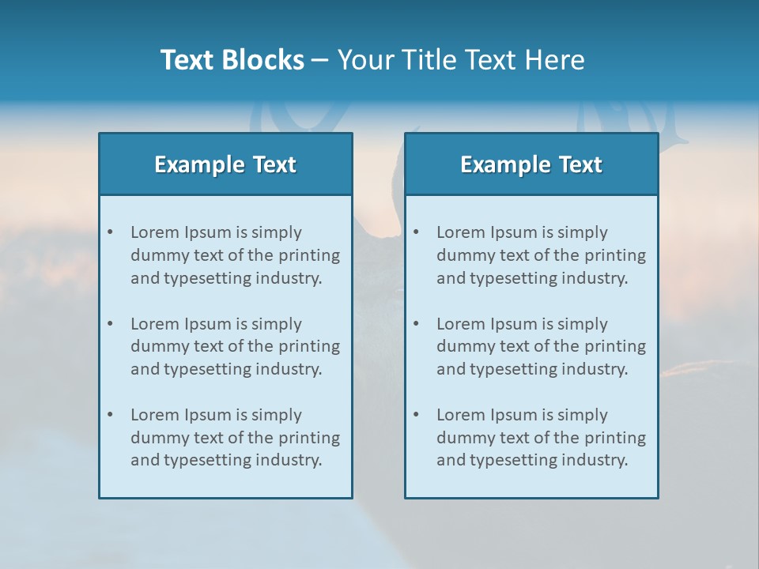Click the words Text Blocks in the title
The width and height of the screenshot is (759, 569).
(232, 60)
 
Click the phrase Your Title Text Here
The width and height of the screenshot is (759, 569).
(461, 60)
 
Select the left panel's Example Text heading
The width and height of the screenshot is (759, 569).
(225, 164)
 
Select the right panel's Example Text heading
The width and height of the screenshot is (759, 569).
(531, 164)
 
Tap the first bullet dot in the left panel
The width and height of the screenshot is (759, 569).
(110, 232)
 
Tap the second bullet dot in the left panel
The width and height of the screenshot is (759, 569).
(110, 324)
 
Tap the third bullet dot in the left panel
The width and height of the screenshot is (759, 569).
(110, 415)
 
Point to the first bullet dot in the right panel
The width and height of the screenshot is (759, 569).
(416, 232)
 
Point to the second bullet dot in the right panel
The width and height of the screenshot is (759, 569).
(416, 324)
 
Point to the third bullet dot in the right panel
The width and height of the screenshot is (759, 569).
(416, 415)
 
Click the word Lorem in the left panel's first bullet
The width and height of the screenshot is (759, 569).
(155, 232)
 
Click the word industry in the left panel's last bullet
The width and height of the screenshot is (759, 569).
(289, 460)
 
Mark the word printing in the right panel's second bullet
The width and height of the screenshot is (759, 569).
(617, 346)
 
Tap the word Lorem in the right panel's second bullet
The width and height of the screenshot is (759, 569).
(461, 324)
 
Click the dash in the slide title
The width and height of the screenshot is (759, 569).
(320, 61)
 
